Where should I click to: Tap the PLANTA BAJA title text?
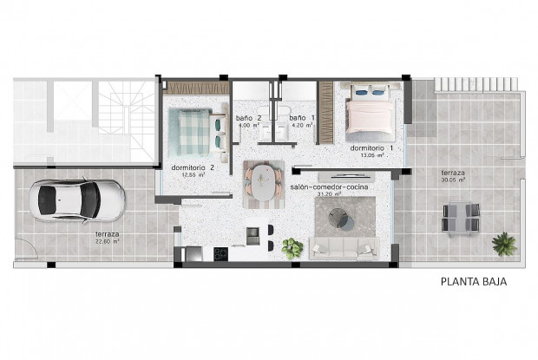point(473,281)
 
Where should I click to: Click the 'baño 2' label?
point(249,118)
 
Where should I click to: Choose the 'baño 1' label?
point(299,118)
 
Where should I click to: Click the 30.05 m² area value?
point(452,181)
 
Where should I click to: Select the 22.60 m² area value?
point(108,242)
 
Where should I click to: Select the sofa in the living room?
point(344,246)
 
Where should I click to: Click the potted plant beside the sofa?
point(292,248)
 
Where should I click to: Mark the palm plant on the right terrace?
point(503,244)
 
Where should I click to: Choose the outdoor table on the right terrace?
point(460,218)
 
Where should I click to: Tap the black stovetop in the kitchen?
point(220,254)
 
